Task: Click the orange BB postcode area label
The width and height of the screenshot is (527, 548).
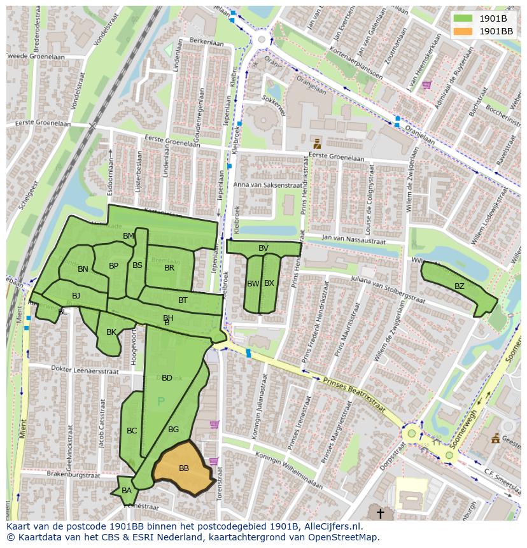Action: (x=184, y=468)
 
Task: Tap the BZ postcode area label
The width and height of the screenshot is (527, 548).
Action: (x=460, y=286)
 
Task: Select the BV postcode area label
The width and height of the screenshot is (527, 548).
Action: (x=263, y=248)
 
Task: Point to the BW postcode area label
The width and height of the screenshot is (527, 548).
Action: (x=253, y=284)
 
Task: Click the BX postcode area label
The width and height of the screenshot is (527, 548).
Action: (x=269, y=283)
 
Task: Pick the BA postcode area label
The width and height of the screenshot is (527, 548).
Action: (x=127, y=491)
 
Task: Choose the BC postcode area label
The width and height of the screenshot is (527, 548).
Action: (x=132, y=431)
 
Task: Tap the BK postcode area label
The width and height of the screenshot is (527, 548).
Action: (x=111, y=332)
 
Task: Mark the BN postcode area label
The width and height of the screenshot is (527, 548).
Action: (x=83, y=269)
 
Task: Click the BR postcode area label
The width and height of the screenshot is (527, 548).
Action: (x=169, y=268)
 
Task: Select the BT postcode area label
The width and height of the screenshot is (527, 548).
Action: (x=183, y=300)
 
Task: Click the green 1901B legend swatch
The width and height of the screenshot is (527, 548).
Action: (x=463, y=18)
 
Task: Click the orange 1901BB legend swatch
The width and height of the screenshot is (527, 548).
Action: (x=463, y=31)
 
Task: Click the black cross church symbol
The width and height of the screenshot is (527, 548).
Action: (x=381, y=512)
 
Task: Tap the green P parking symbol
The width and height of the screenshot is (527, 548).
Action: (x=160, y=402)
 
